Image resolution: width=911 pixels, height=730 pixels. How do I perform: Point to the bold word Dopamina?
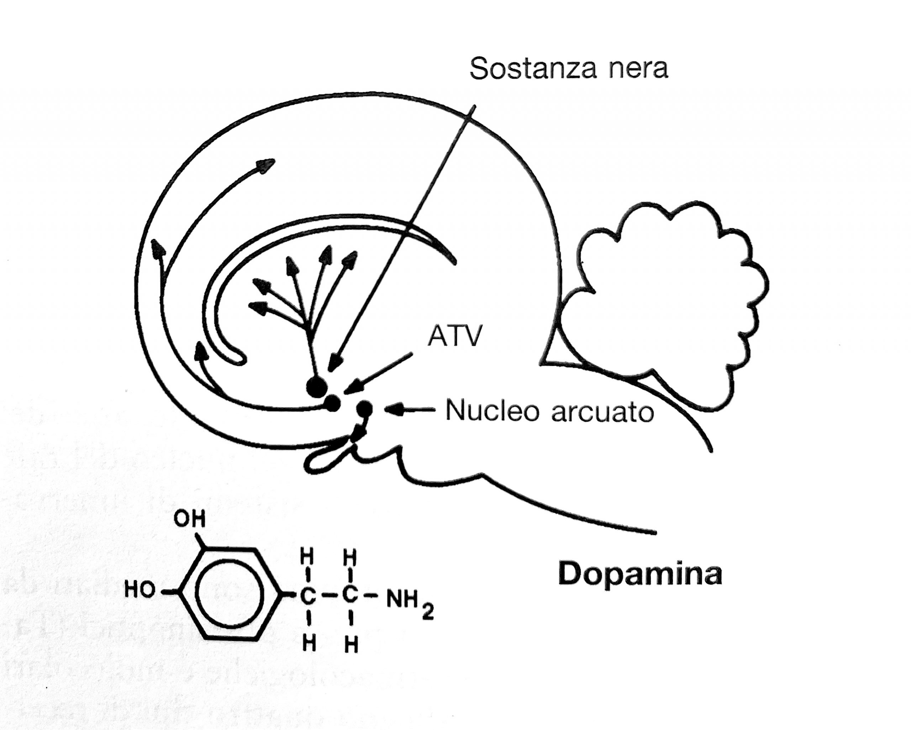pyautogui.click(x=640, y=574)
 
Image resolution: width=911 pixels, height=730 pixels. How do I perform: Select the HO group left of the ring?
pyautogui.click(x=140, y=590)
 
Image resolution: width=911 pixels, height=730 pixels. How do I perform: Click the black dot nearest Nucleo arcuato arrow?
pyautogui.click(x=364, y=408)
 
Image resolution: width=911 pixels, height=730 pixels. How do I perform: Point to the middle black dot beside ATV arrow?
pyautogui.click(x=332, y=403)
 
